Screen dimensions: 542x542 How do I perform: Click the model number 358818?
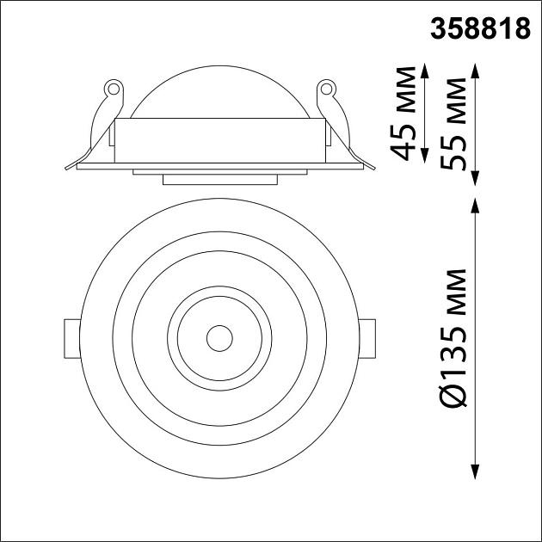[479, 28]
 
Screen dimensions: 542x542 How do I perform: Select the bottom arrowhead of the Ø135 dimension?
[476, 472]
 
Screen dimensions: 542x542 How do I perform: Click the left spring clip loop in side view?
[110, 87]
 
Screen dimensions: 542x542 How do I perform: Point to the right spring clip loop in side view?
[327, 87]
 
